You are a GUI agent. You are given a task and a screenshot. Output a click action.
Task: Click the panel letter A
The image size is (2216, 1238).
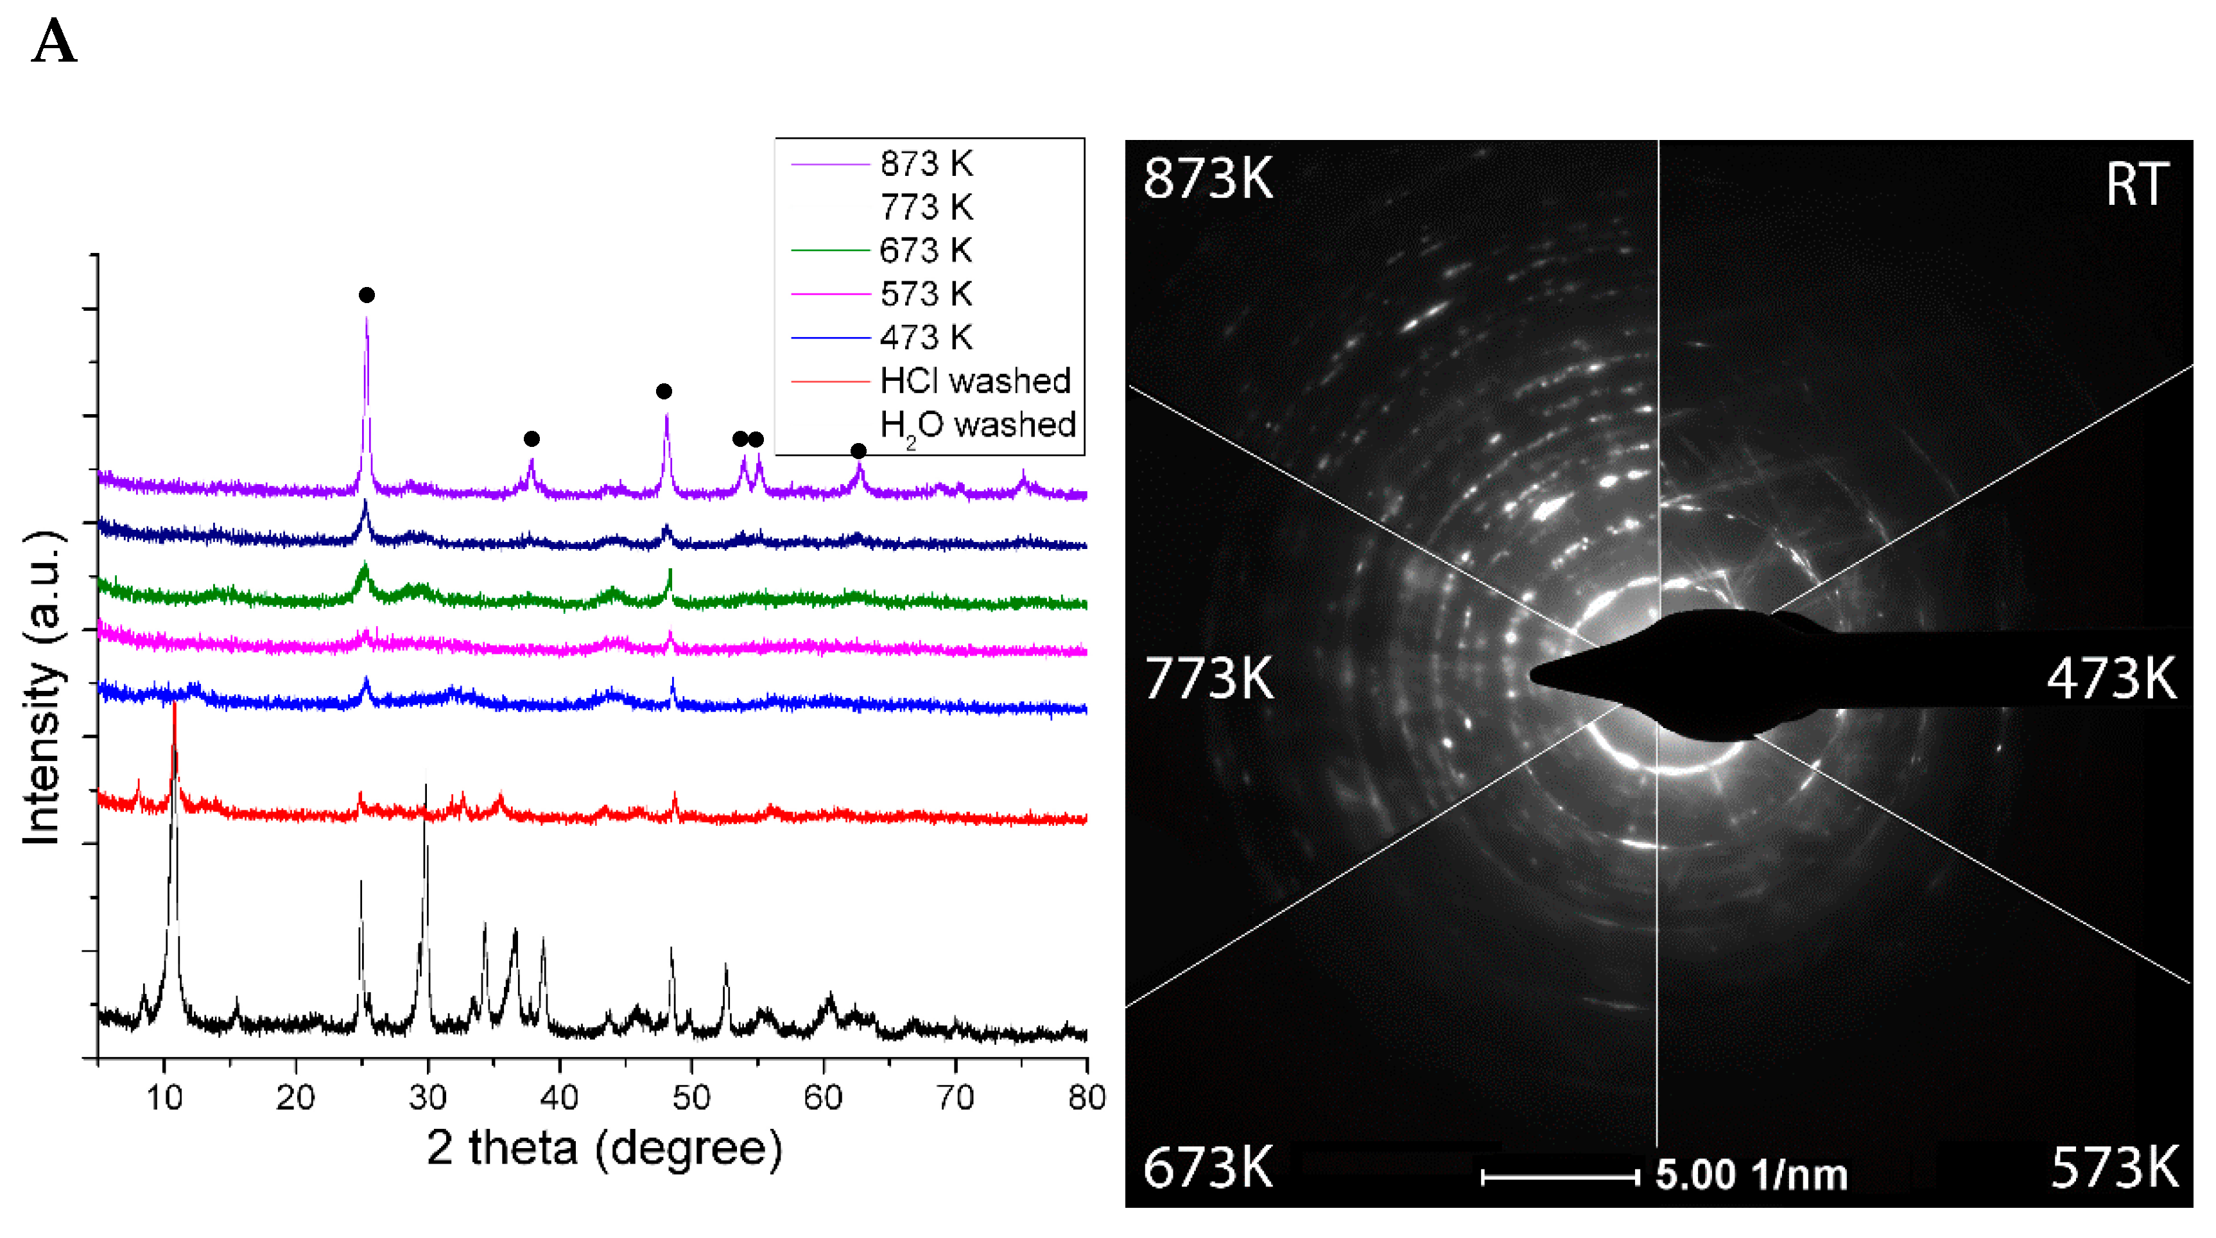tap(54, 43)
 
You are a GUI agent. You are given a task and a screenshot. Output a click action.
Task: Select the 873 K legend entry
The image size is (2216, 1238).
tap(926, 164)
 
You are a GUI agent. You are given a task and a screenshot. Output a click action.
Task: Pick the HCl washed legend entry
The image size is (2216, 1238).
tap(974, 380)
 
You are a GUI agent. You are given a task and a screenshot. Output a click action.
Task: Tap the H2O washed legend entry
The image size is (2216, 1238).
tap(977, 425)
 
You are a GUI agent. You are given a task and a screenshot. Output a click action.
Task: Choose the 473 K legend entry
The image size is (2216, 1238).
tap(926, 337)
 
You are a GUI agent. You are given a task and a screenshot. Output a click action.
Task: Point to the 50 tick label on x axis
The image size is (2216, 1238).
tap(691, 1098)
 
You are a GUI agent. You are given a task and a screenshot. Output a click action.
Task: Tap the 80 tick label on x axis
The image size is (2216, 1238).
tap(1086, 1098)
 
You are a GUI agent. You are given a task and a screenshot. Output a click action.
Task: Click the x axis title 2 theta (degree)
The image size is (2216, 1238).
tap(604, 1149)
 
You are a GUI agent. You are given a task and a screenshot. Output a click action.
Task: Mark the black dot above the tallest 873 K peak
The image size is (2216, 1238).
tap(367, 295)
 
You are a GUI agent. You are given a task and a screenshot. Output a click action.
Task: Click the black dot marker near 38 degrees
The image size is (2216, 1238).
tap(532, 439)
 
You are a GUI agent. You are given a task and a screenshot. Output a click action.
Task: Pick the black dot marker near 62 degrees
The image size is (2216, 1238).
tap(858, 451)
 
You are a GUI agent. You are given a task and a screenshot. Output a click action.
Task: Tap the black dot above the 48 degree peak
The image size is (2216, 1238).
tap(663, 392)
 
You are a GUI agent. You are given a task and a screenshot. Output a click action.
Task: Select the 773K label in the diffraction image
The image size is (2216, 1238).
tap(1208, 679)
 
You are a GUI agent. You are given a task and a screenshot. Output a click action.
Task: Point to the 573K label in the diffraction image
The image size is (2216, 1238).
tap(2115, 1167)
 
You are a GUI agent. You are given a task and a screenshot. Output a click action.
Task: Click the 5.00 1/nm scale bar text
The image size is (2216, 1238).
tap(1751, 1174)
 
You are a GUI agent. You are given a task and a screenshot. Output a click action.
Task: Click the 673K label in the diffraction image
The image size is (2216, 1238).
tap(1208, 1167)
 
